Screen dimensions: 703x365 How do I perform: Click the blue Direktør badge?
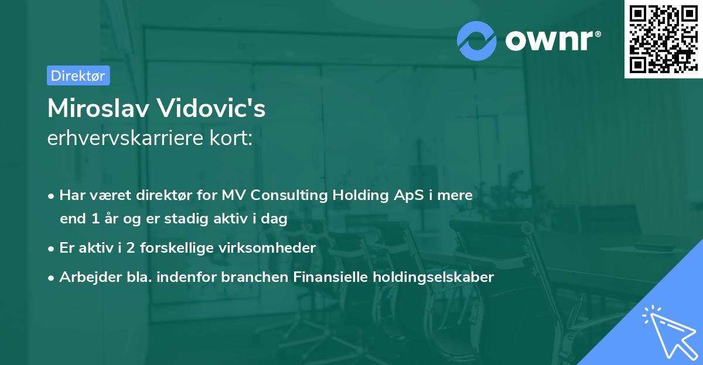tap(79, 75)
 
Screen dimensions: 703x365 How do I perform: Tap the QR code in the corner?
tap(663, 39)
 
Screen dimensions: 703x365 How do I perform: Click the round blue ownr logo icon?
tap(476, 41)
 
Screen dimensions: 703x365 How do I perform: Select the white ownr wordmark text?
tap(553, 40)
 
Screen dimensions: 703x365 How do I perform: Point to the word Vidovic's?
tap(211, 108)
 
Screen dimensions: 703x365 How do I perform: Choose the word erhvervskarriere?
tap(125, 138)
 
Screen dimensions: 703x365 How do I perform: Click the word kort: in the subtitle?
tap(231, 138)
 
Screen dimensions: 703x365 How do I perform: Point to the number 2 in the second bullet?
tap(131, 248)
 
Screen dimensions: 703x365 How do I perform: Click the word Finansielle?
tap(330, 277)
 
